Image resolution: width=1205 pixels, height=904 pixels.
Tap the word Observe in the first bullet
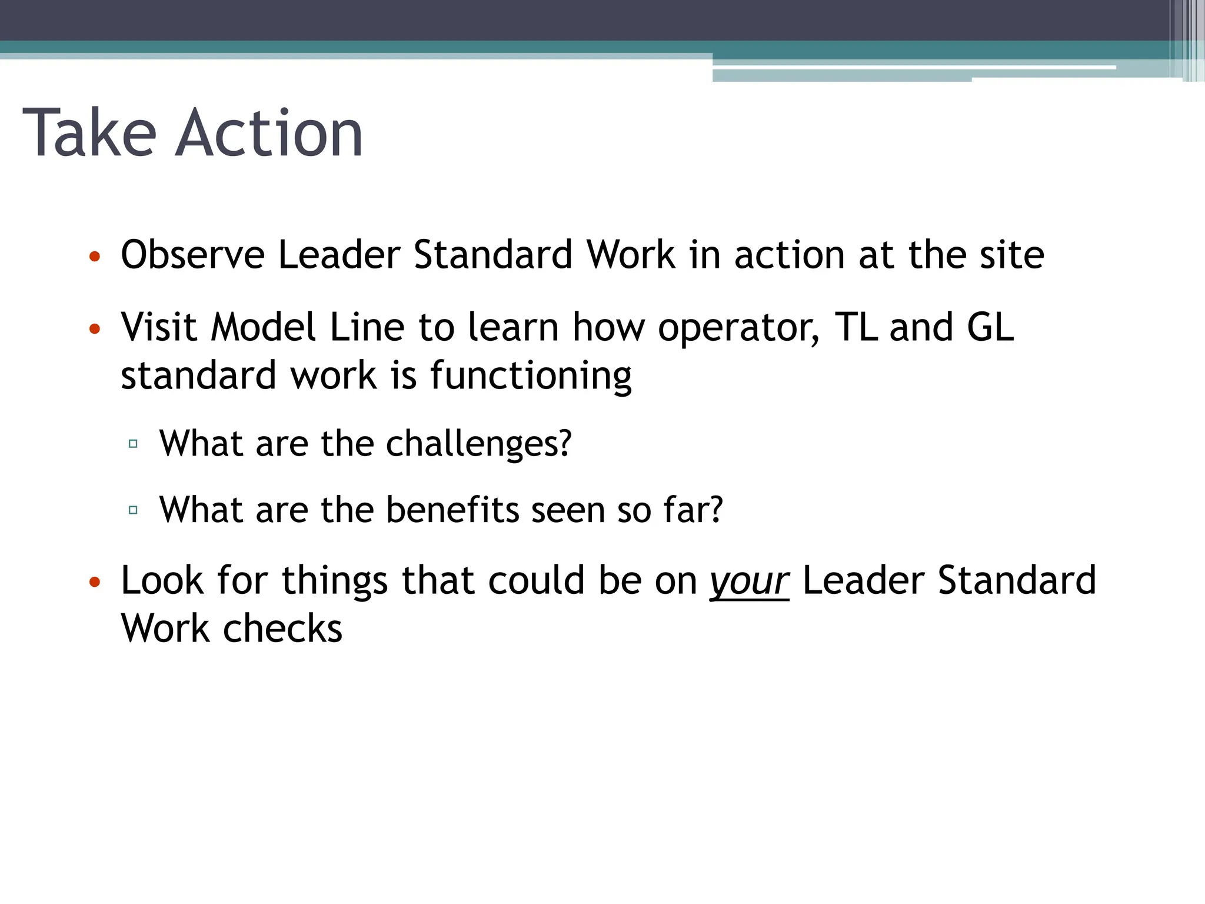coord(192,255)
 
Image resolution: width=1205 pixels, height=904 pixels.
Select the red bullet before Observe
coord(95,257)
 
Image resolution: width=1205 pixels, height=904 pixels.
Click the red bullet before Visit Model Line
coord(95,329)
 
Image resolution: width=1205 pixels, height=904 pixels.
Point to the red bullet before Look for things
coord(95,583)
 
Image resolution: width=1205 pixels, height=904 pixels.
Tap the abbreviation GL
coord(990,327)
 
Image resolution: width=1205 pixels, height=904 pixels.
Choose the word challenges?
coord(478,444)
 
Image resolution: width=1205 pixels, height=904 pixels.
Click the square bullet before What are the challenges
coord(133,444)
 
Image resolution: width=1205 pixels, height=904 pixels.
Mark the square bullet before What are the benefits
coord(133,510)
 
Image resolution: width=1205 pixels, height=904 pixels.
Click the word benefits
coord(452,510)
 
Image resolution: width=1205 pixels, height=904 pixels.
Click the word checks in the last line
coord(282,629)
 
